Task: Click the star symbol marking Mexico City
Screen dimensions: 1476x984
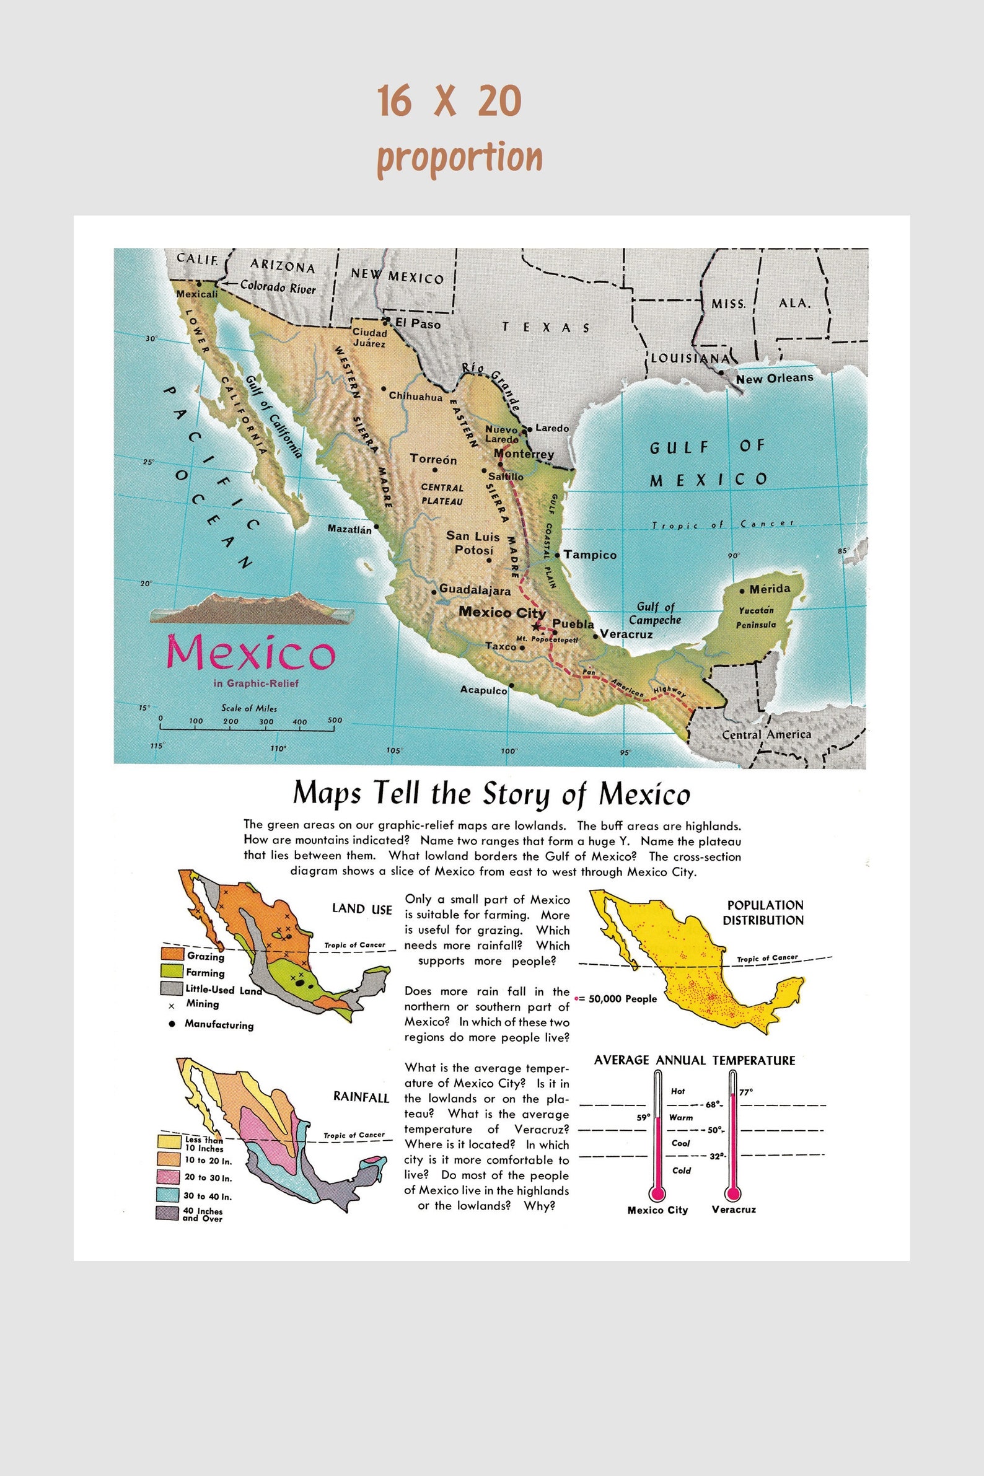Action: [x=535, y=626]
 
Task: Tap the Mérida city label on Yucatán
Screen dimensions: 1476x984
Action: [x=770, y=589]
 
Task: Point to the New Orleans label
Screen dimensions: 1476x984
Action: [x=775, y=379]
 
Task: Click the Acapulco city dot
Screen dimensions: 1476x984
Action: [x=511, y=685]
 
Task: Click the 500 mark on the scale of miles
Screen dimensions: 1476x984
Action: [x=335, y=721]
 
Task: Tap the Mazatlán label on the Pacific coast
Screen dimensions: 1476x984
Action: [x=349, y=529]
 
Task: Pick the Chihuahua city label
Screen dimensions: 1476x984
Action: [x=415, y=396]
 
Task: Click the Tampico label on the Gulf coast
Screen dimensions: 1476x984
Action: [x=590, y=555]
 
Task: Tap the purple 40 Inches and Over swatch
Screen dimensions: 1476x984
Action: [x=167, y=1214]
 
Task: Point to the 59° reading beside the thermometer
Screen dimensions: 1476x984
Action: [x=643, y=1117]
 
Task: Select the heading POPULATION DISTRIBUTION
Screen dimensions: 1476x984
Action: [x=763, y=913]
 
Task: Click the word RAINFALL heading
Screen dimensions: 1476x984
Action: [x=361, y=1097]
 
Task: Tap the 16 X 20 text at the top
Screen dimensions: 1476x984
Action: [x=449, y=101]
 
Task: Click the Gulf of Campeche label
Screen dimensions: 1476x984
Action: [x=654, y=613]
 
